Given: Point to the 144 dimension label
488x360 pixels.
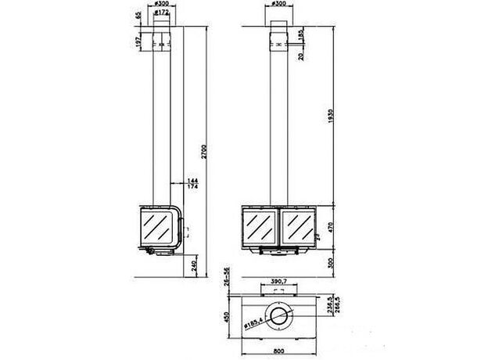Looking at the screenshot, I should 191,181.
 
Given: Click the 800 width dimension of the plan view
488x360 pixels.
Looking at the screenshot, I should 279,352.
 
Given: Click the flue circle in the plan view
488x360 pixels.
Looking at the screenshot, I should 278,315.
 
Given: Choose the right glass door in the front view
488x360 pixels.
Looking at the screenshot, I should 297,227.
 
